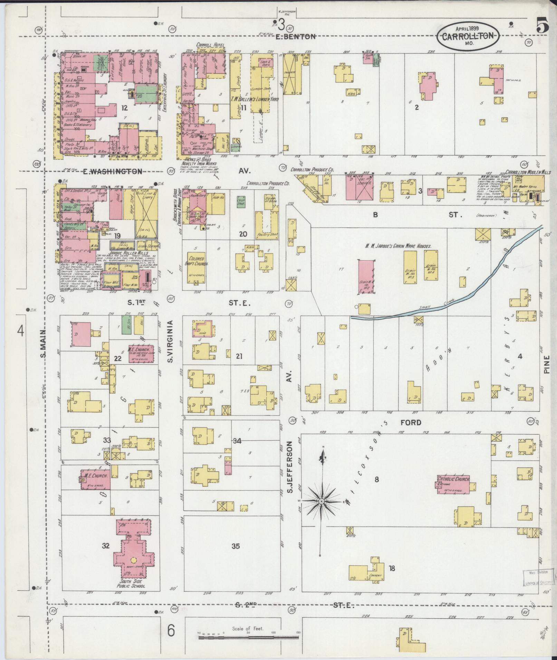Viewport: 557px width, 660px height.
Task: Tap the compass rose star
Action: coord(321,501)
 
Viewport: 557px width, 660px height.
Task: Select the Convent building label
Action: coord(375,576)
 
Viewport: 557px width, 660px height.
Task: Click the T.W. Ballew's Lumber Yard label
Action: coord(255,99)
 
